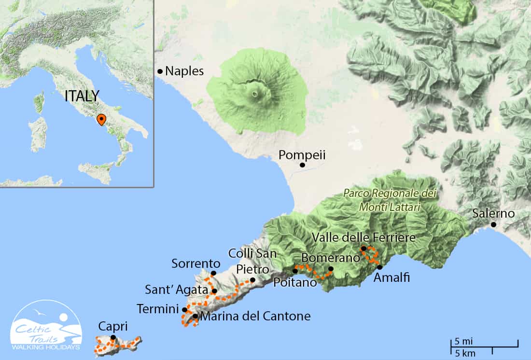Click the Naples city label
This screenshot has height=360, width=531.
point(184,71)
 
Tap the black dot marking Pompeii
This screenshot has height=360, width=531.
point(302,165)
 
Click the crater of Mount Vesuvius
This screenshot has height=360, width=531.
point(254,94)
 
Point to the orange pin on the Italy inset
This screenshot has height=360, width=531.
point(101,119)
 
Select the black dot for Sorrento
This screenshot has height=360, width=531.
point(213,273)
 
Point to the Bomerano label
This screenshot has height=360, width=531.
point(331,257)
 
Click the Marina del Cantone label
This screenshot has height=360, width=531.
point(255,317)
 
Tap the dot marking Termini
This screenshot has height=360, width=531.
point(184,309)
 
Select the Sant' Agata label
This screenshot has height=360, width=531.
point(177,291)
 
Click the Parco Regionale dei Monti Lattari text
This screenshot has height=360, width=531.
point(390,200)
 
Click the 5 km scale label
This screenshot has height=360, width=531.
point(464,353)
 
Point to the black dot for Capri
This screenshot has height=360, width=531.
point(113,337)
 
